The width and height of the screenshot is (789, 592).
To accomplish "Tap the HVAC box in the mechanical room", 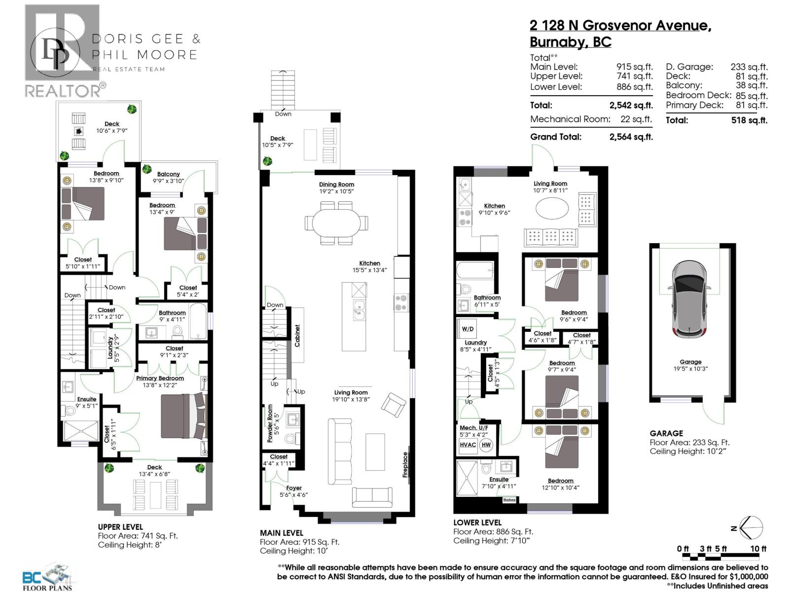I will tap(467, 445).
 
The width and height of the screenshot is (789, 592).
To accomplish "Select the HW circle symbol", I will tap(486, 445).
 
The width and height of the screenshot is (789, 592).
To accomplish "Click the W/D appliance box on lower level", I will tap(467, 329).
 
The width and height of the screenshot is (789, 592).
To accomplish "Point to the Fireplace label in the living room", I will tap(405, 465).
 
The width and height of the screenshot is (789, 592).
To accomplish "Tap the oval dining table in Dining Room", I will tap(336, 222).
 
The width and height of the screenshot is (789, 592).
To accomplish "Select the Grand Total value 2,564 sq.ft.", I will tap(631, 137).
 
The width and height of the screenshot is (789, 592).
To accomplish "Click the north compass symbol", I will tap(751, 528).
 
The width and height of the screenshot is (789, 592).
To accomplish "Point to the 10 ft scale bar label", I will tap(758, 549).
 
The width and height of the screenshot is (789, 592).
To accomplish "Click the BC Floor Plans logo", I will tap(47, 577).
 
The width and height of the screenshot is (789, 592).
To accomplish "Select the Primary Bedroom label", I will tap(160, 378).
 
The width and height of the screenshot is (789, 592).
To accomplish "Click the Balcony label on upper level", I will tap(168, 174).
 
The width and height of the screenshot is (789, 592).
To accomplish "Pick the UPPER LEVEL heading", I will tap(120, 527).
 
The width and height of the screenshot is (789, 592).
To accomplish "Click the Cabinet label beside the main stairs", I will tap(297, 335).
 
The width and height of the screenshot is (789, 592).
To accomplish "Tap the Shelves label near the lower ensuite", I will tap(509, 500).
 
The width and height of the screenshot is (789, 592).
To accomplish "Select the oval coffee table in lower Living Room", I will tap(551, 209).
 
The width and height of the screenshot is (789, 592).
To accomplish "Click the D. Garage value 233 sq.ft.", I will tap(749, 67).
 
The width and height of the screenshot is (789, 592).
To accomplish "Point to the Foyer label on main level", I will tap(294, 488).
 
